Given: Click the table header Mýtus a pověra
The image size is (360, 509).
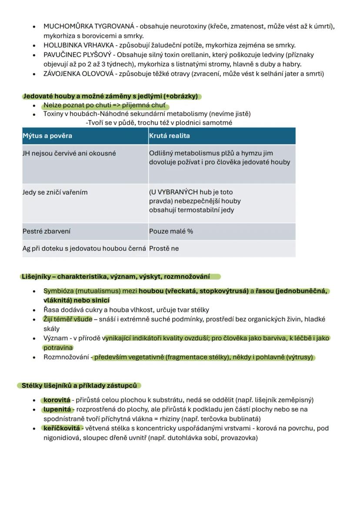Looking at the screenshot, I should [x=47, y=136].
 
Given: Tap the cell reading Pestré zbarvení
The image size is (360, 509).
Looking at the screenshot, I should [x=47, y=231].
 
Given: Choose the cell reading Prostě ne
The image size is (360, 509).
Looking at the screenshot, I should [x=164, y=249].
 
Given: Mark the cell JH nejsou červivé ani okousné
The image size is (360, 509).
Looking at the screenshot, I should [x=69, y=153].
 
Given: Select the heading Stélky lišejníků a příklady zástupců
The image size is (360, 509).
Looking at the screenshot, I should [x=79, y=386].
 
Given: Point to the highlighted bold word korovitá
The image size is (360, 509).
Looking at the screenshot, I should [x=57, y=400].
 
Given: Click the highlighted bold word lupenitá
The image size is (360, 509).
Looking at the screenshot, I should [x=57, y=409].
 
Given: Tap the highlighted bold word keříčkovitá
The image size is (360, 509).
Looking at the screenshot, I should [x=61, y=428].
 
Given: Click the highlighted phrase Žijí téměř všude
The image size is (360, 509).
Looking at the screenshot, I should [x=68, y=319].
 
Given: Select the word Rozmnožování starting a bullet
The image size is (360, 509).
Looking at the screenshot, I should [x=67, y=357].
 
